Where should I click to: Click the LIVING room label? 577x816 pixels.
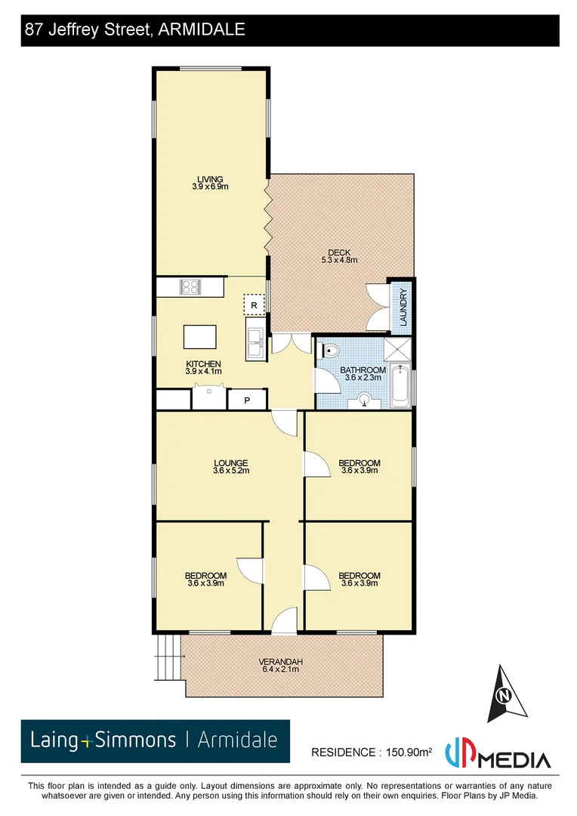(x=210, y=179)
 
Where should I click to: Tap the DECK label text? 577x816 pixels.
(x=338, y=253)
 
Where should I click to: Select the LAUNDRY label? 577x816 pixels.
(x=403, y=307)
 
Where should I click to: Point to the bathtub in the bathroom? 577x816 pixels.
(x=400, y=385)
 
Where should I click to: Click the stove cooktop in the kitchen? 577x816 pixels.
(x=190, y=287)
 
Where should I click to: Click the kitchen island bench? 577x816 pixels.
(x=199, y=336)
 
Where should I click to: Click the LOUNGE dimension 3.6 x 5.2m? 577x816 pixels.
(x=231, y=471)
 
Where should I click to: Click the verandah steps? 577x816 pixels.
(x=168, y=656)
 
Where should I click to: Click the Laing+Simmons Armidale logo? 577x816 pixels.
(x=155, y=740)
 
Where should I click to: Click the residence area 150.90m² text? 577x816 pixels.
(x=372, y=752)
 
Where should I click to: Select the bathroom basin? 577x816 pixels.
(x=366, y=400)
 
